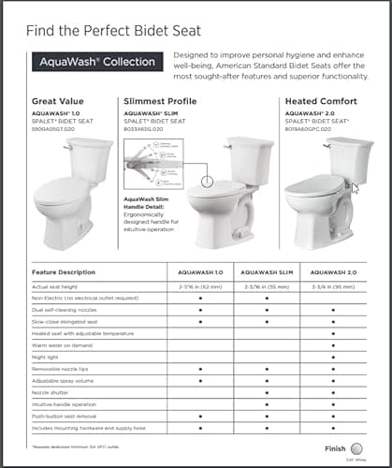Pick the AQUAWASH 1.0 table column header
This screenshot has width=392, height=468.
(199, 272)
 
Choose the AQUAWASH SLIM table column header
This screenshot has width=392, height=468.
(267, 272)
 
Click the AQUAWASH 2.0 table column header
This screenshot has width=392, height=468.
(333, 272)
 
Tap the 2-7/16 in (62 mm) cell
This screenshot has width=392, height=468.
(199, 285)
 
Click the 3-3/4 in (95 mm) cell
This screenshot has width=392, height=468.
(333, 285)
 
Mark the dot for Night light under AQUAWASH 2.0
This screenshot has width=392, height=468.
(333, 357)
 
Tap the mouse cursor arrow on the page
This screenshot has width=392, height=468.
(354, 187)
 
